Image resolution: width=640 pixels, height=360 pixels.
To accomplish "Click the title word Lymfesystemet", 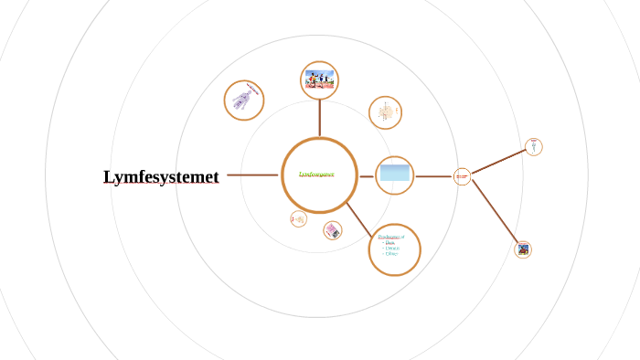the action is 161,176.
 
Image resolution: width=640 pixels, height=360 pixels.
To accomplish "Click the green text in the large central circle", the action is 316,174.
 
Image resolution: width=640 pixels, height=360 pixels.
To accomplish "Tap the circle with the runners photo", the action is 320,80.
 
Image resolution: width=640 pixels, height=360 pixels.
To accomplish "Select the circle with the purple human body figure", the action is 244,100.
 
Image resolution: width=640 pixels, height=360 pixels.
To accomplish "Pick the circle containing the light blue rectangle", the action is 395,175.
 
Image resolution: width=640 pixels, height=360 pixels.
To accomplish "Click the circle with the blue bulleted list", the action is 394,249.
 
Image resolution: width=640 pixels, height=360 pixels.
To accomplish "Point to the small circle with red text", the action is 462,176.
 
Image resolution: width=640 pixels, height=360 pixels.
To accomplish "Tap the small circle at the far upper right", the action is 534,147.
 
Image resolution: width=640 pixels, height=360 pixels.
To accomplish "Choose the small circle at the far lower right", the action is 523,249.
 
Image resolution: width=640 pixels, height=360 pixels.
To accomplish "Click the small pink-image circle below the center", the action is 333,231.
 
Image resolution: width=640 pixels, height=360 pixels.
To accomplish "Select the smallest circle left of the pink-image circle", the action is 298,219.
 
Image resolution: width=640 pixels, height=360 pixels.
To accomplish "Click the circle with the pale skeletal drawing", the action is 385,112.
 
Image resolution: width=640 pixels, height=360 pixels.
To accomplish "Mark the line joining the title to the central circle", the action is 252,175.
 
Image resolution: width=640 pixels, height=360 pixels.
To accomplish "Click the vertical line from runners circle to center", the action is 320,118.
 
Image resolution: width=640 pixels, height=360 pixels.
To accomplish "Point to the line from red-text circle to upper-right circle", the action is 497,162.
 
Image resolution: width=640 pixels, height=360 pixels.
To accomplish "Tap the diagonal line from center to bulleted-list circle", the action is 358,216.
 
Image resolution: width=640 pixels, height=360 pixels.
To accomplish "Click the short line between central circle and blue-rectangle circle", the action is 367,176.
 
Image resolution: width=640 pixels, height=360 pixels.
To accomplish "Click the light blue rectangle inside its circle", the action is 395,173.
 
